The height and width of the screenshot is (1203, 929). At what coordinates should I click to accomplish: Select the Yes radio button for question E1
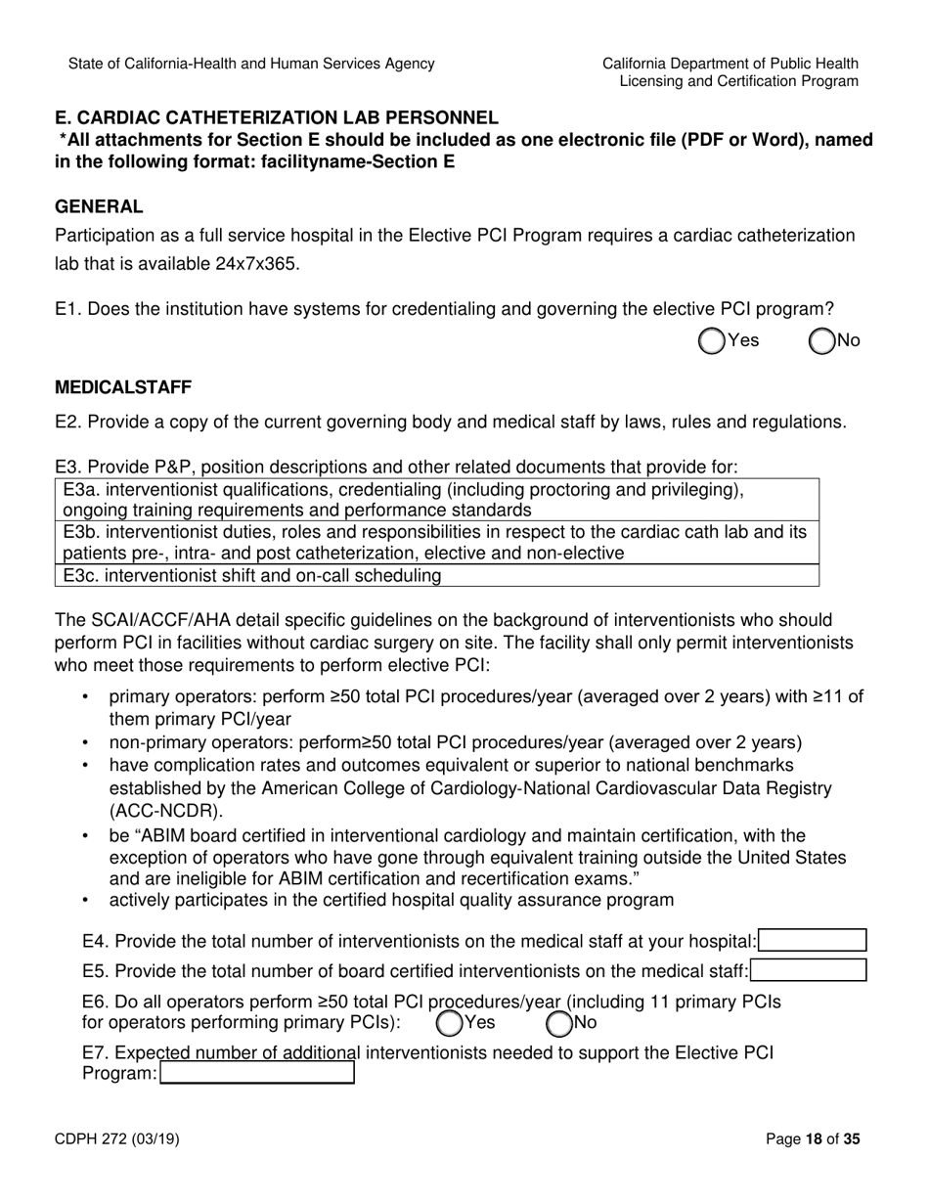point(712,340)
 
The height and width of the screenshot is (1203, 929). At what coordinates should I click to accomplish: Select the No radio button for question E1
point(822,340)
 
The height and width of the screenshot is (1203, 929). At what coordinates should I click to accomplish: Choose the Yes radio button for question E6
point(449,1023)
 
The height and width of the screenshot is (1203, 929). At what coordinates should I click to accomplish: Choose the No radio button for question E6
point(559,1023)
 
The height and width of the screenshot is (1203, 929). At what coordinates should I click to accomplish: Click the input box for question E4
point(813,941)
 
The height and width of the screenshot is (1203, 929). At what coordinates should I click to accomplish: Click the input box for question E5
point(808,970)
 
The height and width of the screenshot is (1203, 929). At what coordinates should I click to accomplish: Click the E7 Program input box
point(257,1073)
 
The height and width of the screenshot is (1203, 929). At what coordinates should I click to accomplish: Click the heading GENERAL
point(99,206)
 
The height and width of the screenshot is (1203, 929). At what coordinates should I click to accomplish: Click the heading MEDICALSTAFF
point(123,387)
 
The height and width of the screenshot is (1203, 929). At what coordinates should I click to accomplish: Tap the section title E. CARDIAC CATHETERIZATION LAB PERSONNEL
point(276,117)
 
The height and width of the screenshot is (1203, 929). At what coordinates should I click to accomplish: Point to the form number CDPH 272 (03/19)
point(116,1138)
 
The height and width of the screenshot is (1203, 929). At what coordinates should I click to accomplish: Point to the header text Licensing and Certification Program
point(738,81)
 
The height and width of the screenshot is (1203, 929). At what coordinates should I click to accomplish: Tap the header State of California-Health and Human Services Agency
point(251,64)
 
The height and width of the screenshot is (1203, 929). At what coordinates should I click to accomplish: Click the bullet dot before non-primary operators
point(85,742)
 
